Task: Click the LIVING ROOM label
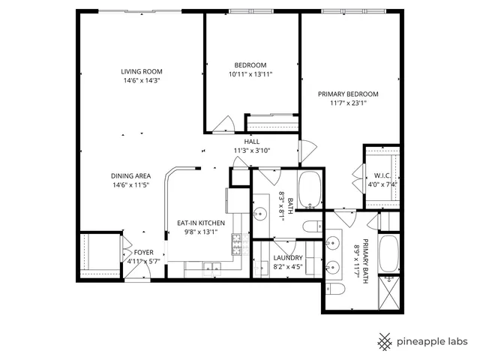tap(141, 72)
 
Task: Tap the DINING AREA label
tap(131, 175)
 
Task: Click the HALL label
tap(252, 141)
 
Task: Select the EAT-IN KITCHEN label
tap(200, 223)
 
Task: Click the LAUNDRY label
tap(287, 257)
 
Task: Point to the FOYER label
tap(143, 253)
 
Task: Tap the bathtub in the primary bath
tap(389, 255)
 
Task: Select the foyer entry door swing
tap(133, 268)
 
